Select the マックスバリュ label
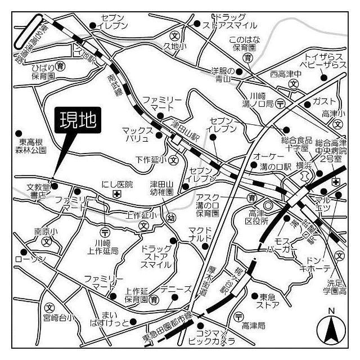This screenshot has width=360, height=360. click(x=137, y=134)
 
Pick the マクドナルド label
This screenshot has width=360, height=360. click(x=201, y=233)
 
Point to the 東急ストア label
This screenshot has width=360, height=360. click(x=267, y=301)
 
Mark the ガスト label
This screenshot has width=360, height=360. click(x=324, y=101)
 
